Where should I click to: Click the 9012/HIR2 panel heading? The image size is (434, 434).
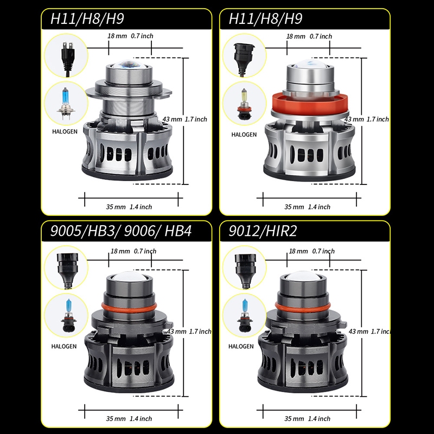coord(263,231)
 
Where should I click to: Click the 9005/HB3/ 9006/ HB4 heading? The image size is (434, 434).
coord(120,231)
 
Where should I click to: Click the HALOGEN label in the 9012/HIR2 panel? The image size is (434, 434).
coord(241,346)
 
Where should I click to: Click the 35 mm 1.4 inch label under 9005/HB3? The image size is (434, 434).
coord(129,418)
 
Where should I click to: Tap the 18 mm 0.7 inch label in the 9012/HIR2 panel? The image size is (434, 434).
coord(311,251)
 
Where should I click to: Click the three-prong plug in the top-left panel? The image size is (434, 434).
coord(67,59)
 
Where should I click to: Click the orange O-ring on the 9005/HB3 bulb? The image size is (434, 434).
coord(129,307)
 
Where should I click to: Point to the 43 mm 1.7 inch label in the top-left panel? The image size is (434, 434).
coord(184,119)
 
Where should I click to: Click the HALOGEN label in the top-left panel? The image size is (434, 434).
coord(65,131)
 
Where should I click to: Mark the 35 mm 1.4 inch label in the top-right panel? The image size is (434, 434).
coord(307,207)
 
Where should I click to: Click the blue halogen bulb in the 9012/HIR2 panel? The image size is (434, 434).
coord(245,315)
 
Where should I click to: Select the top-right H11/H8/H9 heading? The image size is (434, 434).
coord(265,18)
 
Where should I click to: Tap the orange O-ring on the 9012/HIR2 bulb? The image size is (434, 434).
coord(303,307)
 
